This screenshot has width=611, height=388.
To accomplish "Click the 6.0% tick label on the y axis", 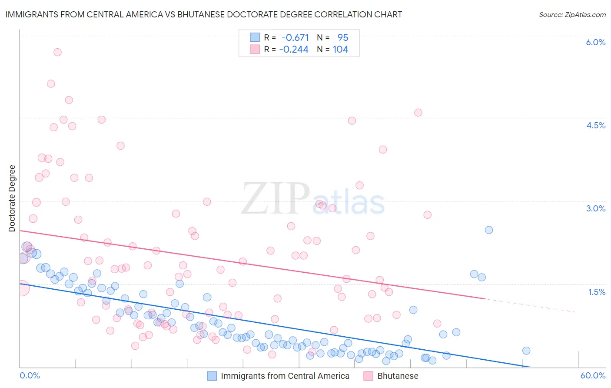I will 595,42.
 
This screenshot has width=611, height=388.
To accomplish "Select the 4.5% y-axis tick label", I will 595,125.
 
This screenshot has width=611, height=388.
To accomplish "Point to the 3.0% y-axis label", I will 595,208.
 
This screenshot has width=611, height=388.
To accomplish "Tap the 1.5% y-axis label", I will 597,292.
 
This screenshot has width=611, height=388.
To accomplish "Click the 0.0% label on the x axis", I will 30,375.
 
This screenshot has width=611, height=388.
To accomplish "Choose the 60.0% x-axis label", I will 593,375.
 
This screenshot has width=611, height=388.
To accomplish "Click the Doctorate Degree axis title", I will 12,198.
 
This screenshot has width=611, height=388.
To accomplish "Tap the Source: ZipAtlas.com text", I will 572,14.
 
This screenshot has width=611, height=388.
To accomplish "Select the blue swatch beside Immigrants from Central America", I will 212,376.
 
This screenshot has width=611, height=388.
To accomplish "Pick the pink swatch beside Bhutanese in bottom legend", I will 369,376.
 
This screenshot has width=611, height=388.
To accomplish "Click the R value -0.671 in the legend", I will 295,37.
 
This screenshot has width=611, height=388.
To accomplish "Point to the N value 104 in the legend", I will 340,50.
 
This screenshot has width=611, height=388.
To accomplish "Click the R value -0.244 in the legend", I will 294,50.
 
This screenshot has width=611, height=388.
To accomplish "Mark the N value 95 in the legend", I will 343,37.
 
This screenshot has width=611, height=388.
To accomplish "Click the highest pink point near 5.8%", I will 57,52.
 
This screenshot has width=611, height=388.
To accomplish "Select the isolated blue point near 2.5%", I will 489,230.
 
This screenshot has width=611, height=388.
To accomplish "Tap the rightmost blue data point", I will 526,351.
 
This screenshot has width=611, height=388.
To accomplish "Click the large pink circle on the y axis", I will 22,288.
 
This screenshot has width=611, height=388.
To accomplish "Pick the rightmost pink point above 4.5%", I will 418,113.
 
